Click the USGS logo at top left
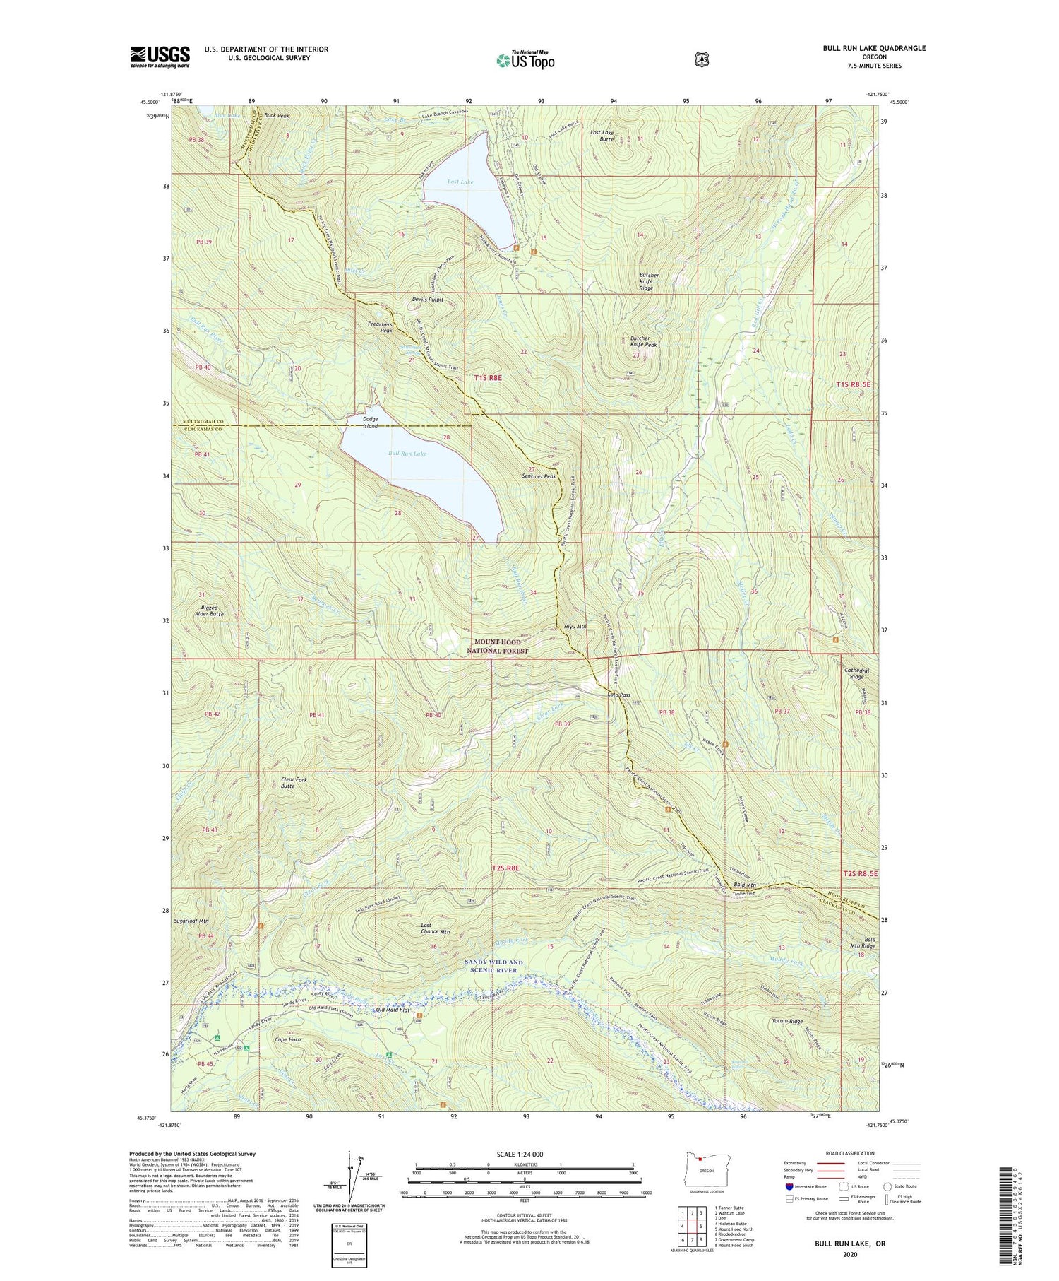(160, 57)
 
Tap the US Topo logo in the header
(525, 61)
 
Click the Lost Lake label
(460, 182)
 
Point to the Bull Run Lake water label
(407, 453)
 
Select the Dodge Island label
(370, 423)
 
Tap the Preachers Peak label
(380, 327)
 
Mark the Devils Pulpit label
(428, 299)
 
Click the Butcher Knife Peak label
(643, 342)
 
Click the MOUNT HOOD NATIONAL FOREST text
(497, 647)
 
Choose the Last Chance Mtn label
(435, 928)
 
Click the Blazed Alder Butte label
(208, 610)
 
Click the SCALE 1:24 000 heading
(524, 1154)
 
